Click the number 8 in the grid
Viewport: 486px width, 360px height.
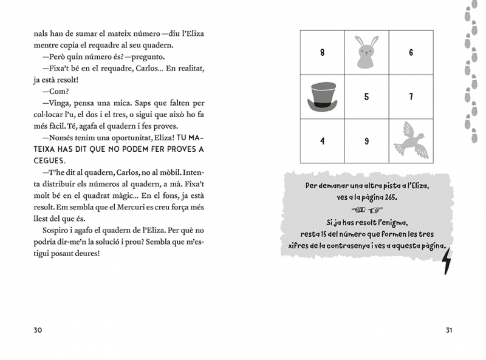[322, 52]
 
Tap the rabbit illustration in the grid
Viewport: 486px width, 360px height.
[366, 52]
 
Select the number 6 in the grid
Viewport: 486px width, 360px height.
[411, 52]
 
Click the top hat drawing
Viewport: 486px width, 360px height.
[322, 97]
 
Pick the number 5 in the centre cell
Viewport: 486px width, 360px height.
[366, 97]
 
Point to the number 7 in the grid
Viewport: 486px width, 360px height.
[411, 97]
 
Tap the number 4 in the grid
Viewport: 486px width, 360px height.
[322, 141]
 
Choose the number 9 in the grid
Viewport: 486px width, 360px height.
[366, 141]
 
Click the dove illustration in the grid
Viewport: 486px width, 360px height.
[411, 142]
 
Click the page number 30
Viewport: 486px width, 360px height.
[38, 330]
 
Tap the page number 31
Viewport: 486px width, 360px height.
[449, 330]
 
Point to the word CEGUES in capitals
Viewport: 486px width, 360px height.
[49, 161]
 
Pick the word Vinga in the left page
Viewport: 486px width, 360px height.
[54, 103]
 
